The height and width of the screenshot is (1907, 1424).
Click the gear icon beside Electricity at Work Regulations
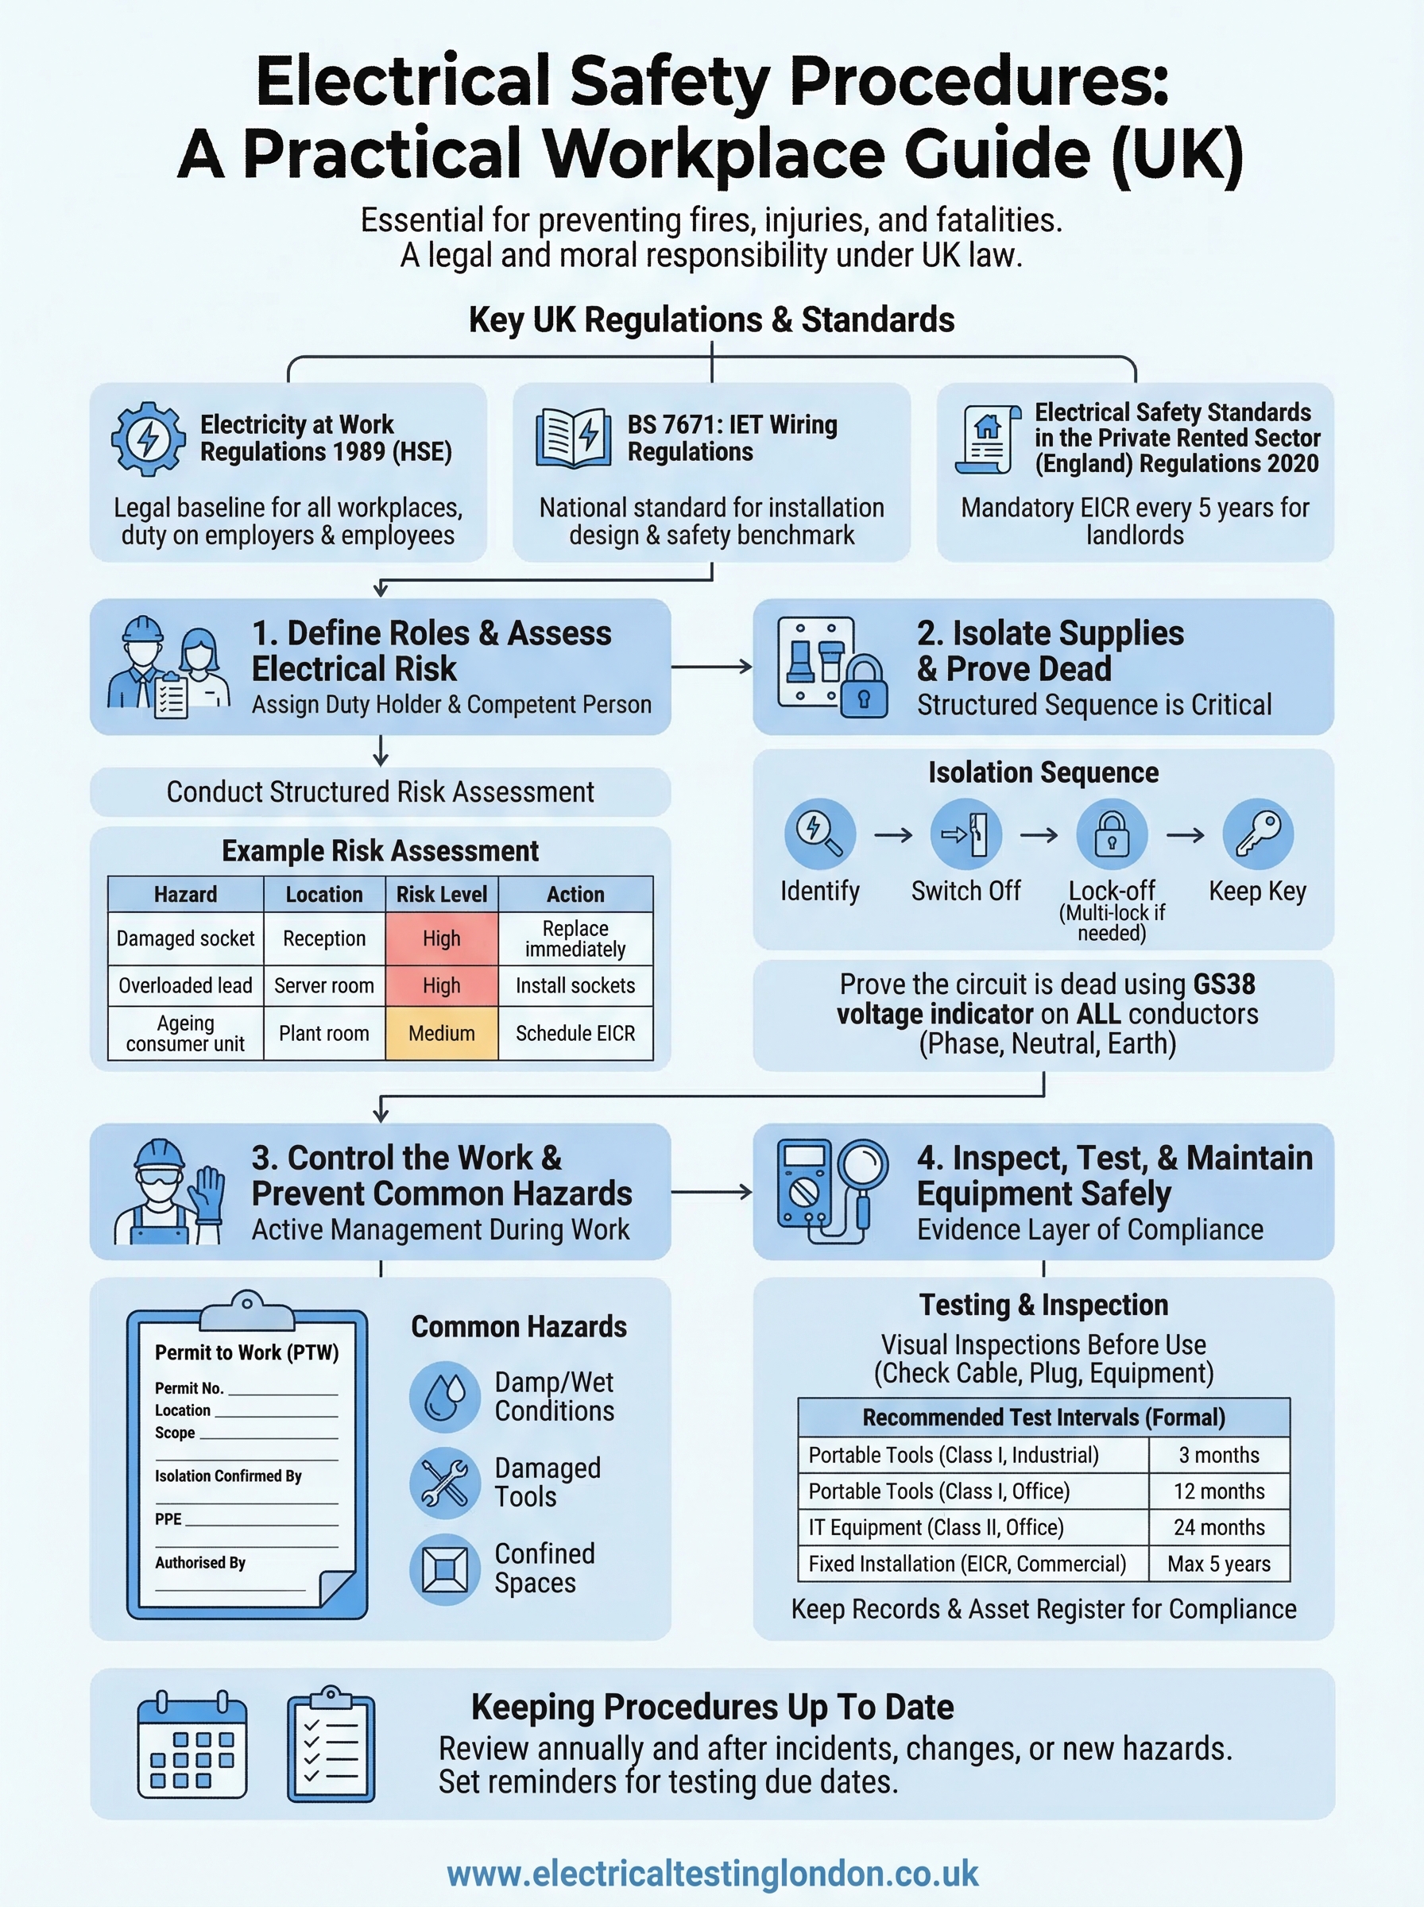coord(149,439)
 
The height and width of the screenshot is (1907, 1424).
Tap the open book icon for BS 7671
coord(573,438)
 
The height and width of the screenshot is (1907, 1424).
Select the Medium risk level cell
coord(441,1033)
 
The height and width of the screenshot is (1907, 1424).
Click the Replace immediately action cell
coord(575,938)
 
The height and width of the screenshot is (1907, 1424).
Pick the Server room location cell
coord(324,985)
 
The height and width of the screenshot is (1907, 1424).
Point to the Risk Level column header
coord(441,895)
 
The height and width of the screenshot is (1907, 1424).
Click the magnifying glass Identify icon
coord(819,834)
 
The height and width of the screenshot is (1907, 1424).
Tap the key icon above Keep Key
coord(1258,834)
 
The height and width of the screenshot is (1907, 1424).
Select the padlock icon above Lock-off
coord(1111,834)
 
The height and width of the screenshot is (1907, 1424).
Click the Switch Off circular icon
coord(965,834)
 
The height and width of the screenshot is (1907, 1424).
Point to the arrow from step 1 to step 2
coord(711,666)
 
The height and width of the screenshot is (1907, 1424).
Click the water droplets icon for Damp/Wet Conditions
coord(445,1396)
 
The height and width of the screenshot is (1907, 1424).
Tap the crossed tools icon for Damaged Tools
coord(445,1482)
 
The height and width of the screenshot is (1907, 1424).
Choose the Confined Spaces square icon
coord(445,1569)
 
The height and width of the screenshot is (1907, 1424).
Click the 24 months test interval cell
coord(1219,1527)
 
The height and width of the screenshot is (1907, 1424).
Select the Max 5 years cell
coord(1219,1563)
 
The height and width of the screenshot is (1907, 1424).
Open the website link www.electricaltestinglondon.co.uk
coord(712,1874)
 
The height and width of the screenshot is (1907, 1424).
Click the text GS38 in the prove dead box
coord(1223,984)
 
